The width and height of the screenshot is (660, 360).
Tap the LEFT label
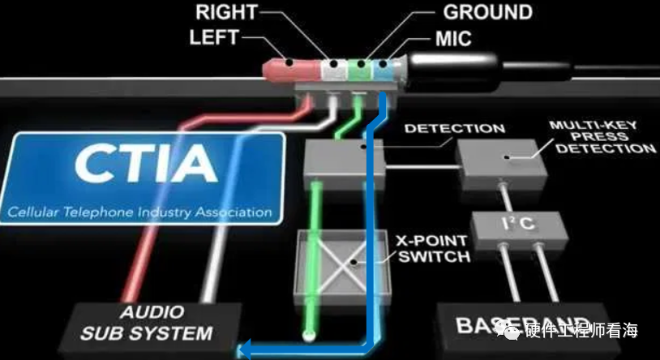(x=213, y=37)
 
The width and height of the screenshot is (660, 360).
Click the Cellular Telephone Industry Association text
(x=140, y=213)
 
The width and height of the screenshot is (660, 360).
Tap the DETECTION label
(x=454, y=128)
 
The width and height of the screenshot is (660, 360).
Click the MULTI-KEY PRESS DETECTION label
(x=602, y=137)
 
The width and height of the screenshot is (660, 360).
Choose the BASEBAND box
(x=519, y=327)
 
